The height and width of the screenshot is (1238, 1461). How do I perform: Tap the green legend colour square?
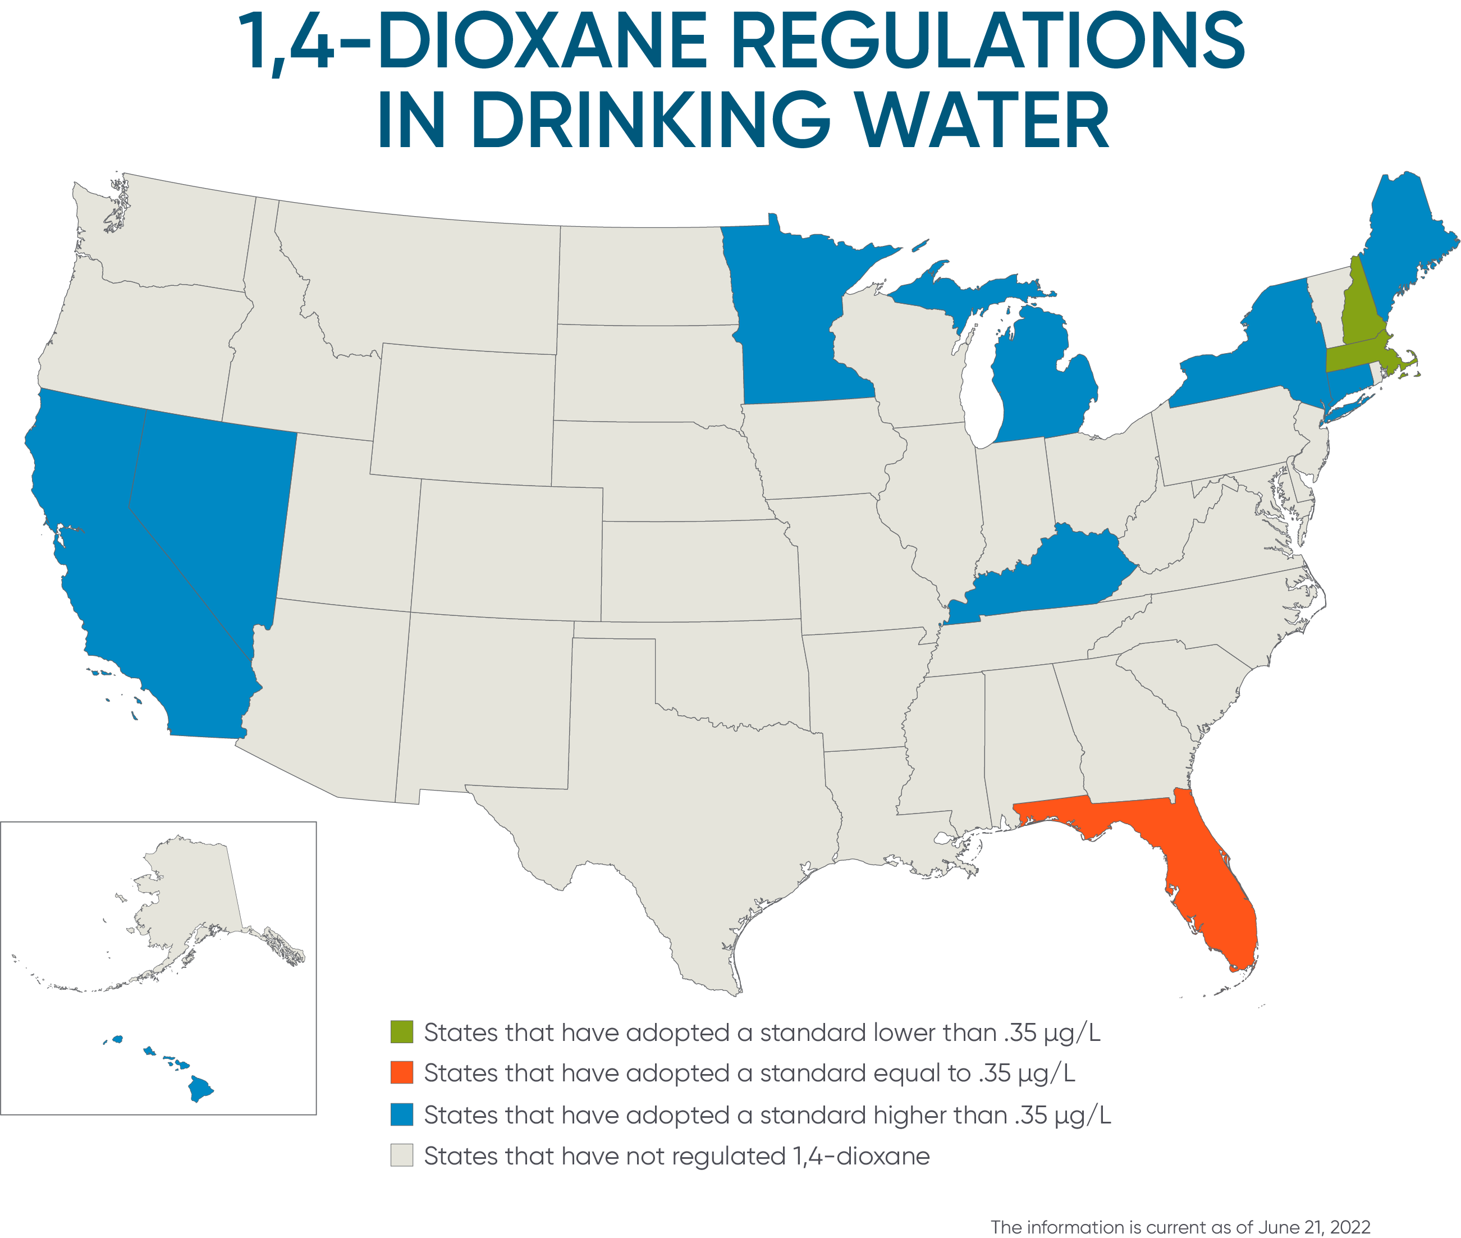click(x=402, y=1033)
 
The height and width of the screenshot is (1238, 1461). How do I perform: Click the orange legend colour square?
click(x=402, y=1073)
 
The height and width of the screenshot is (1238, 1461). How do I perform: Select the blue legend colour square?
click(x=402, y=1114)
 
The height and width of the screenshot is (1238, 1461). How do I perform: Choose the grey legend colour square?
click(x=402, y=1155)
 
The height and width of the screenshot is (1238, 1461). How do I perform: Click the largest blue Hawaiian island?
click(x=199, y=1089)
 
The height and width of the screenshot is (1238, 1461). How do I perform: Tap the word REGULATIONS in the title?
click(x=986, y=42)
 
